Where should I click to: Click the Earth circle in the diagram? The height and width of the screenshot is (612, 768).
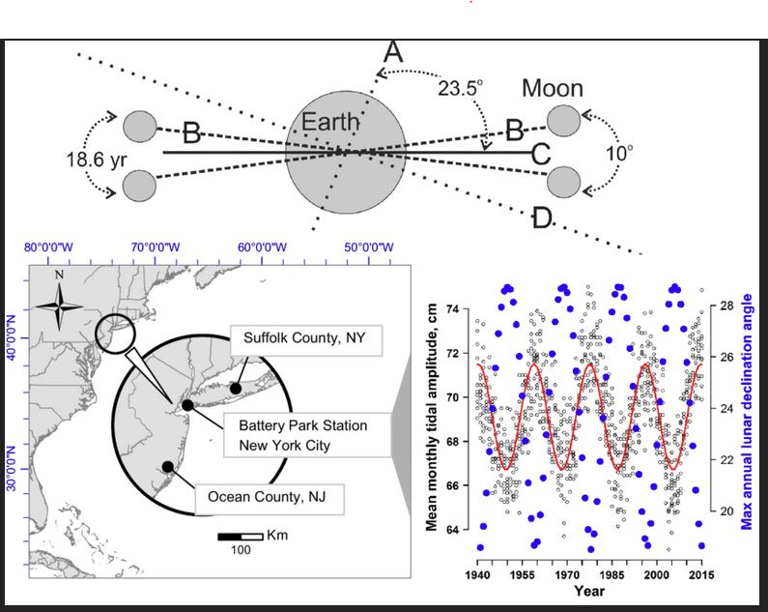coord(346,152)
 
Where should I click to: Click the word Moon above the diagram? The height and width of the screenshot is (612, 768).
coord(553,88)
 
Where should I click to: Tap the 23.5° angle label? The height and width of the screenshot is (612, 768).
coord(460,89)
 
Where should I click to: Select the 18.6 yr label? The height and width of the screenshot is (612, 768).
coord(96,160)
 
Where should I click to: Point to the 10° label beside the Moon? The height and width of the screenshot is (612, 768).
coord(619,153)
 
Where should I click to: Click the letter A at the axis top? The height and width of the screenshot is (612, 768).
coord(393,52)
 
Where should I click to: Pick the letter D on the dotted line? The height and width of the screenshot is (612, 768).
coord(542,218)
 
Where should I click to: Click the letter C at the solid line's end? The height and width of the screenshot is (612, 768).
coord(541,154)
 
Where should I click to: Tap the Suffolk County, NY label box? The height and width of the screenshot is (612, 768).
coord(306,339)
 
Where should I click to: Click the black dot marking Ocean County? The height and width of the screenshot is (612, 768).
coord(168,467)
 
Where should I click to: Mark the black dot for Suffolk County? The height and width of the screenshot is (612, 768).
coord(236,389)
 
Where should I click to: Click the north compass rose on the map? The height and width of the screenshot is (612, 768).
coord(59,307)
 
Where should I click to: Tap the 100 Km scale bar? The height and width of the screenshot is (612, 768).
coord(241,537)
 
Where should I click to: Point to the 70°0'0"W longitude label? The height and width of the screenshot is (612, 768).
coord(156,248)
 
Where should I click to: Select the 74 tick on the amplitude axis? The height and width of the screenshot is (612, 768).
coord(452,309)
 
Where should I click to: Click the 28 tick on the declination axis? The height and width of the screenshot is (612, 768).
coord(726,306)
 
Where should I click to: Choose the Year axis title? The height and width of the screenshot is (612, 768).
coord(589,591)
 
